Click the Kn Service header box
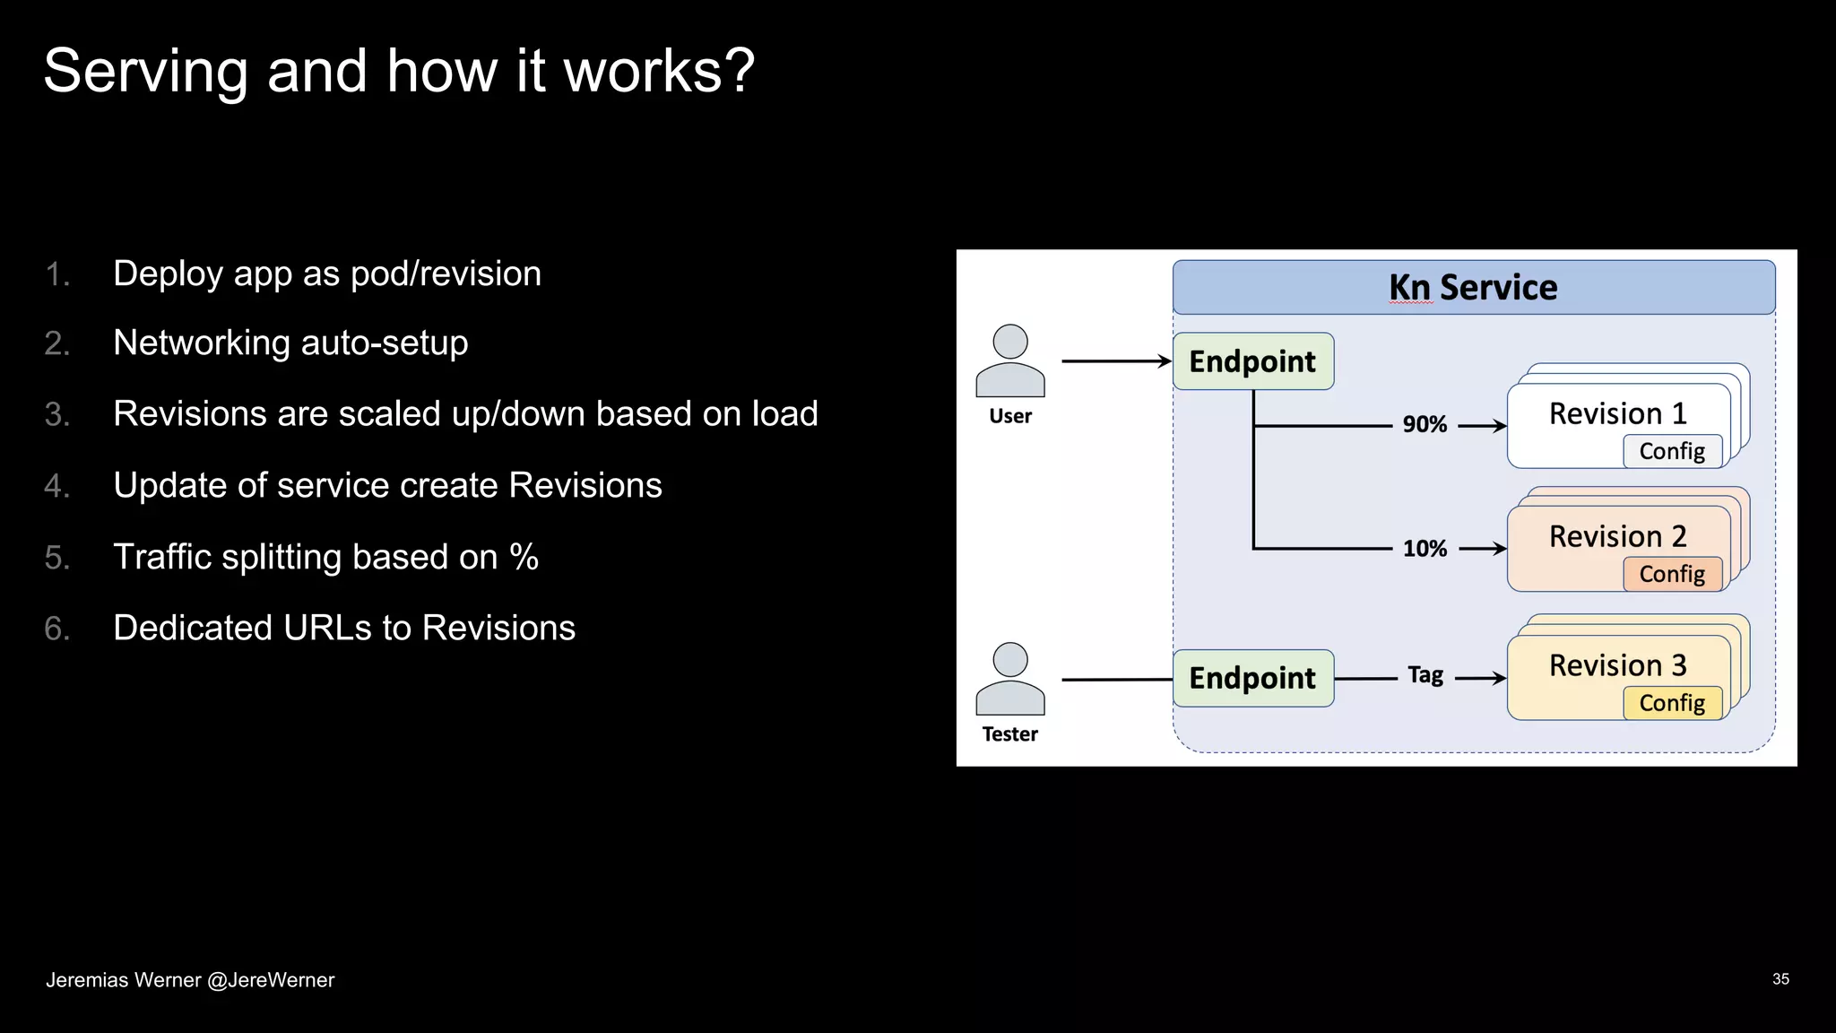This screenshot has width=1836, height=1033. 1473,287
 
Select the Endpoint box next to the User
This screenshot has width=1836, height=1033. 1252,361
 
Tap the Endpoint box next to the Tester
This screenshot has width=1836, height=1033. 1252,678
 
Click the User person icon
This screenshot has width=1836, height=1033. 1010,360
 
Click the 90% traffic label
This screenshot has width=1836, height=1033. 1425,424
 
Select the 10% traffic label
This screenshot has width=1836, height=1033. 1425,548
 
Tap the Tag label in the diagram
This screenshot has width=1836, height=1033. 1425,675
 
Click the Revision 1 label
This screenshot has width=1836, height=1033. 1617,413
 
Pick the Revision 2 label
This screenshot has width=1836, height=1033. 1617,536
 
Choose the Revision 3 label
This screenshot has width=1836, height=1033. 1617,665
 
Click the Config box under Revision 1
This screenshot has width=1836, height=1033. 1672,451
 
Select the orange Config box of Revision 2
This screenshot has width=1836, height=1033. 1672,574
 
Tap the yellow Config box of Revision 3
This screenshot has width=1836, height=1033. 1672,703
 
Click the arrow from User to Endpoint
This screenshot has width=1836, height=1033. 1116,361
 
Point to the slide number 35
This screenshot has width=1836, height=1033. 1780,979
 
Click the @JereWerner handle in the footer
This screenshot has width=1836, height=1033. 271,980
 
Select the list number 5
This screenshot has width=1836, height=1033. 56,558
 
